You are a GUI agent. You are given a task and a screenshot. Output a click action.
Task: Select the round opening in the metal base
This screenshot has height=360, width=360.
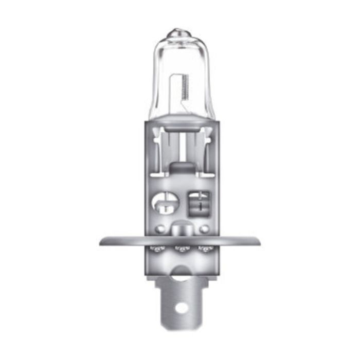tap(166, 201)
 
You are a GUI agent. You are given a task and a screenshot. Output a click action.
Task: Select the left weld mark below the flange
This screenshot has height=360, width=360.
tap(155, 249)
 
